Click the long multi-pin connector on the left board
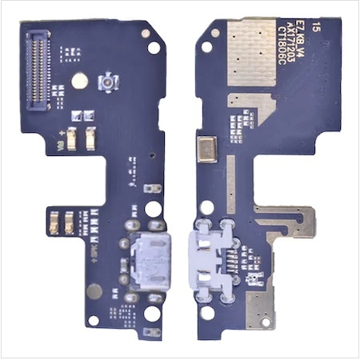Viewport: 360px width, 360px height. (x=38, y=71)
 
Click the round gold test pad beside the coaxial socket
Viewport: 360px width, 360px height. (x=79, y=80)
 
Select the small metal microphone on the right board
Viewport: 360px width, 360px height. (x=207, y=150)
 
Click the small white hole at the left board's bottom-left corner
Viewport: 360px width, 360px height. (x=93, y=320)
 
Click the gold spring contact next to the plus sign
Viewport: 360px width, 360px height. (x=71, y=141)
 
